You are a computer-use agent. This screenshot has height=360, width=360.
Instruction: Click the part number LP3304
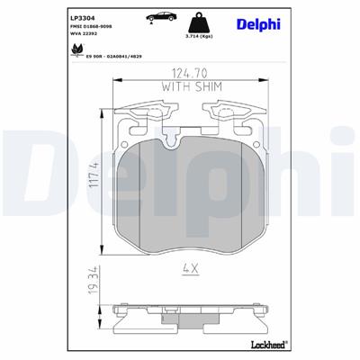[x=80, y=15]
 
